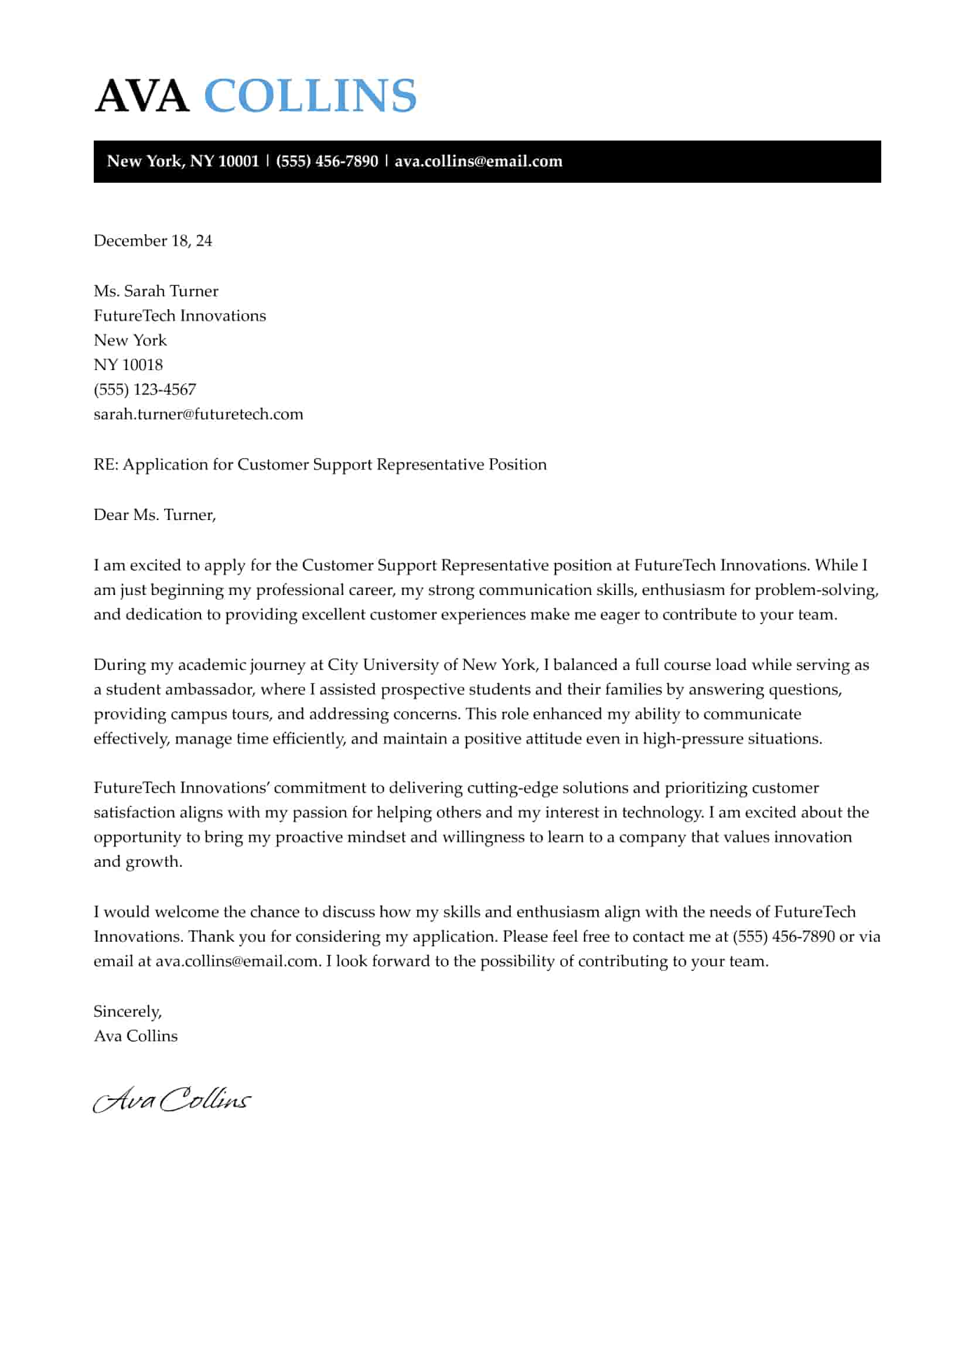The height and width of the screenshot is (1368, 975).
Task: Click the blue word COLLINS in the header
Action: [x=310, y=96]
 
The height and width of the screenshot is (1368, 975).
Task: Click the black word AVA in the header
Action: [x=142, y=96]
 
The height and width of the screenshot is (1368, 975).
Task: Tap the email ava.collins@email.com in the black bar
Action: [x=478, y=162]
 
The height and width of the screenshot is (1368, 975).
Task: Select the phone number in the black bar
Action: [x=326, y=162]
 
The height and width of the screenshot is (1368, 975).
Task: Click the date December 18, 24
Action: [x=152, y=241]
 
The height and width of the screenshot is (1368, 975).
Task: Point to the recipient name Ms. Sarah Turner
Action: [x=155, y=291]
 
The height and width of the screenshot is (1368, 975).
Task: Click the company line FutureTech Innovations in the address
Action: [x=179, y=316]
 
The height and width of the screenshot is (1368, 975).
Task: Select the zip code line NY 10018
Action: [x=128, y=365]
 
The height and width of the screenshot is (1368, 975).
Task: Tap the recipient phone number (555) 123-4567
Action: [x=145, y=389]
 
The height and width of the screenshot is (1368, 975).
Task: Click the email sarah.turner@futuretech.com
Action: [x=198, y=414]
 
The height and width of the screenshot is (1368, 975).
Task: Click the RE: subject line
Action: [x=319, y=464]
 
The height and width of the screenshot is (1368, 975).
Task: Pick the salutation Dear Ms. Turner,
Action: [x=154, y=515]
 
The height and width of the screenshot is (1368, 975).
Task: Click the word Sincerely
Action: [x=127, y=1011]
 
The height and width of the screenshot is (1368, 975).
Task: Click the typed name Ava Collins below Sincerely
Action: [x=136, y=1036]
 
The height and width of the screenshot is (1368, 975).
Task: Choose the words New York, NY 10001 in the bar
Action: [x=182, y=162]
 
